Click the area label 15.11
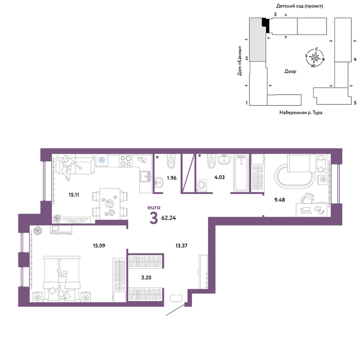pos(74,195)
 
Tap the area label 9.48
pos(280,200)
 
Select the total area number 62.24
pos(168,218)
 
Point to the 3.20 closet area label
pos(146,278)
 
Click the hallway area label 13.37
pos(181,246)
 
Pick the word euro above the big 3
pos(154,208)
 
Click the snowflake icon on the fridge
pos(102,160)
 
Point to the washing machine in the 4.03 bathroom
pos(202,185)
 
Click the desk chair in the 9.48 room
pos(308,198)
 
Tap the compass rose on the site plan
pos(315,57)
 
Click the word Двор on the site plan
pos(290,71)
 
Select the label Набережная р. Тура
pos(301,112)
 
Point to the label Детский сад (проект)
pos(300,6)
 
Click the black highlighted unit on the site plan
pos(266,24)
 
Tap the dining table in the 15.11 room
pos(110,204)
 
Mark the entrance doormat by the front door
pos(176,298)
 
